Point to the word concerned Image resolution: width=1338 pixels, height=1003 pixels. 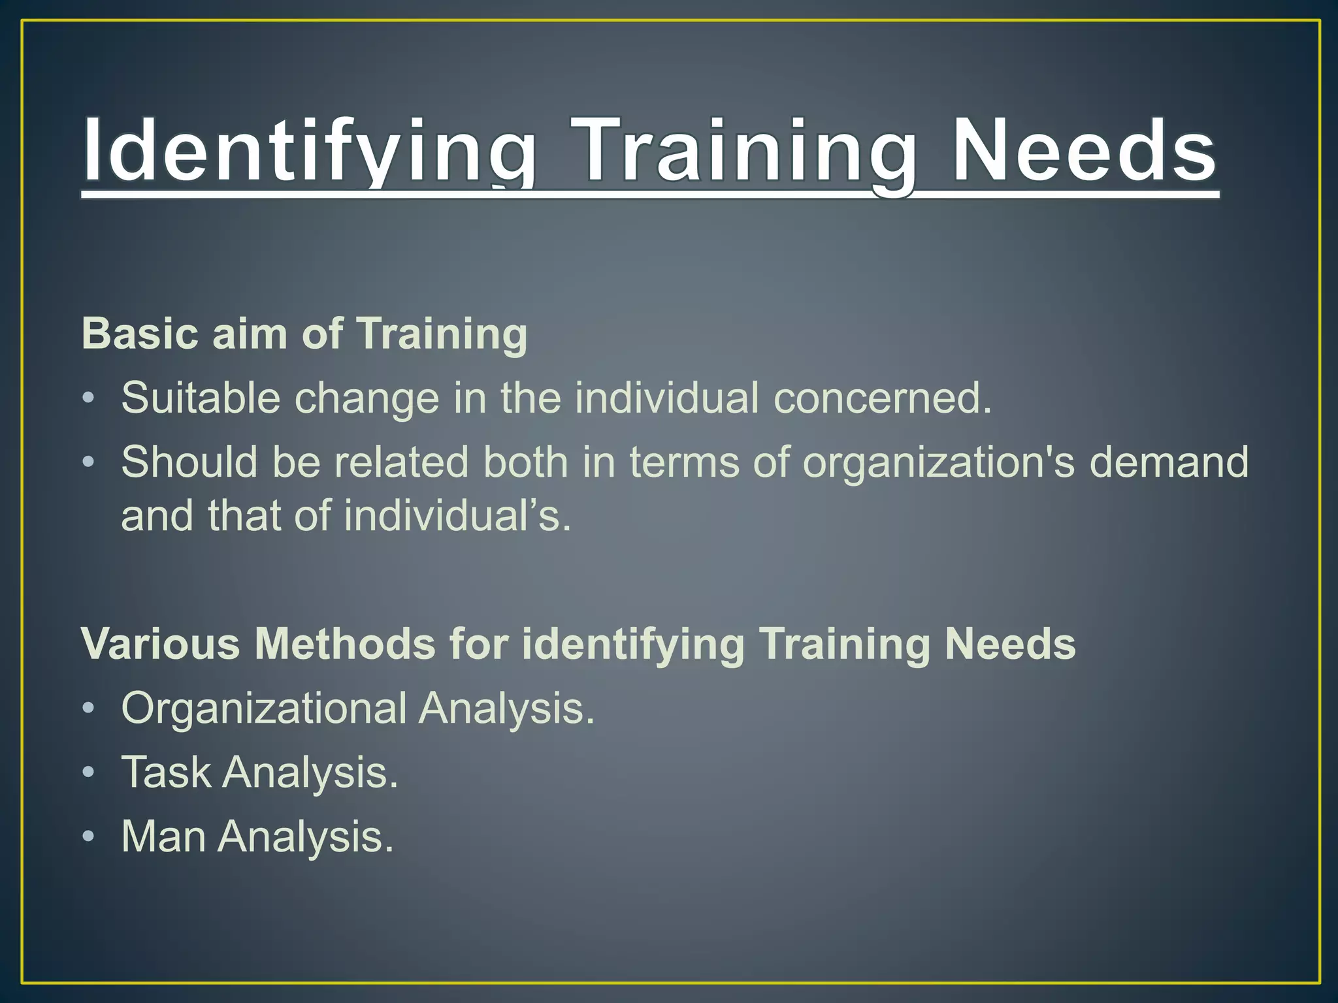tap(882, 398)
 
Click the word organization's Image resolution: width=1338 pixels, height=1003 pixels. tap(938, 462)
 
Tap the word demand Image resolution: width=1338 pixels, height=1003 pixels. tap(1169, 462)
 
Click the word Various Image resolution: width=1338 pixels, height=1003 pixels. tap(161, 644)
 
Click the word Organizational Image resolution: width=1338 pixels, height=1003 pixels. tap(264, 708)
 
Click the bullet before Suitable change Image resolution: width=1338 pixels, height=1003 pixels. tap(89, 398)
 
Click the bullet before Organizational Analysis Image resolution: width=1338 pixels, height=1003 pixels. tap(89, 709)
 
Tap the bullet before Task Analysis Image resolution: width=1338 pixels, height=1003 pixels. tap(89, 773)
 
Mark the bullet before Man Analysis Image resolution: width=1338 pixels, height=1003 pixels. tap(89, 837)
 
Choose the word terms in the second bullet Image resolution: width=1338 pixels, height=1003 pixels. tap(685, 462)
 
